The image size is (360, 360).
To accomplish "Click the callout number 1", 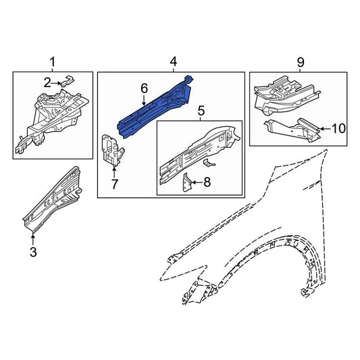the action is pos(53,62).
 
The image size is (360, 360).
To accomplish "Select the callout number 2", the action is pos(47,83).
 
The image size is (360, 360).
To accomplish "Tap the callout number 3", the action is pos(33,252).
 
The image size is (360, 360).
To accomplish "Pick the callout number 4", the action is pos(174,62).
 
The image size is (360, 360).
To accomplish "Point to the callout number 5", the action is pos(201,111).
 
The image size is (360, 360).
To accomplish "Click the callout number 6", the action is pos(144,88).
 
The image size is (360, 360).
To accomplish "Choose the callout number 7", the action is pos(114,184).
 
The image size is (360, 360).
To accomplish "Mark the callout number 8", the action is pos(207,182).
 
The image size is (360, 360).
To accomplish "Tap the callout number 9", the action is pos(301,62).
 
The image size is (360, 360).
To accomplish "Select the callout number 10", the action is pos(338,128).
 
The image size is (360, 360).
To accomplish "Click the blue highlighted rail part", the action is pos(155,107).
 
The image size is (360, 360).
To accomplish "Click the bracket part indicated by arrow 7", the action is pos(112,150).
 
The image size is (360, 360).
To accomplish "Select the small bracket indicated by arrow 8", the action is pos(186,182).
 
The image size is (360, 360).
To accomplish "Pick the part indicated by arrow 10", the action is pos(292,130).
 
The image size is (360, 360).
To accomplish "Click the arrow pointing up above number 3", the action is pos(33,239).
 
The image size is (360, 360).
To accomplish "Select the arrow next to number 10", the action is pos(326,129).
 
